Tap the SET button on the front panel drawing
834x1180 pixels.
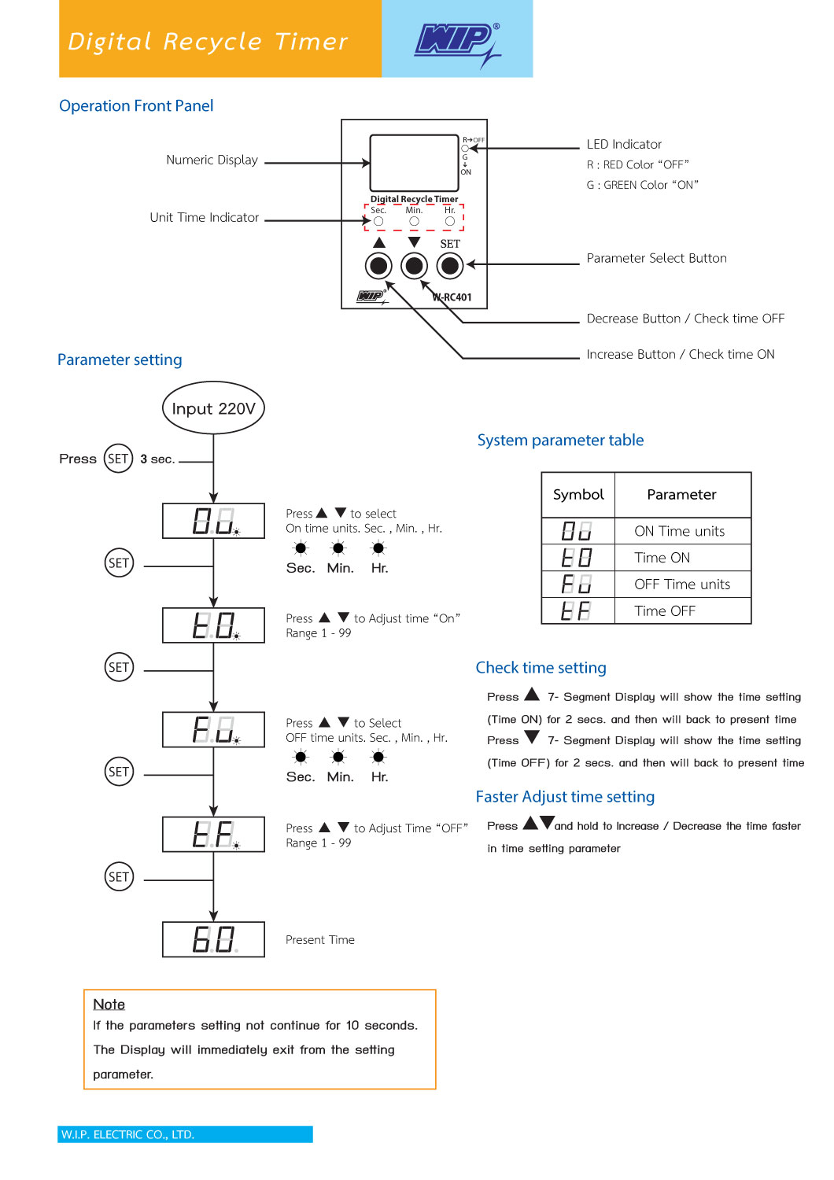(x=449, y=266)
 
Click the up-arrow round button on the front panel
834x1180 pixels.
(x=378, y=266)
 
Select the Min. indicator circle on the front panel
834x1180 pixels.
(x=414, y=222)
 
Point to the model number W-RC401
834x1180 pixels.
(x=452, y=297)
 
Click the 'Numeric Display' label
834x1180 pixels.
(x=212, y=160)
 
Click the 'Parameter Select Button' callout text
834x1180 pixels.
(x=656, y=258)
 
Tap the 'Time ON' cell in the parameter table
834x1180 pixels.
(x=662, y=557)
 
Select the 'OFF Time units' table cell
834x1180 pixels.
(x=682, y=584)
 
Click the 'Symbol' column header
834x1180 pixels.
(x=578, y=495)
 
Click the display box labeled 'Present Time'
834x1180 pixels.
(x=213, y=939)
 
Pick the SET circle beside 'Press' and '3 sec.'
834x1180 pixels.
(x=118, y=459)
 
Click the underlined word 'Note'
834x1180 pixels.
(x=109, y=1004)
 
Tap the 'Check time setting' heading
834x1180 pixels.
(x=541, y=667)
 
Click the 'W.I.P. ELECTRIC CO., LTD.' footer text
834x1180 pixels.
(x=127, y=1134)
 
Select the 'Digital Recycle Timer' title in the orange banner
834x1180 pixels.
(x=208, y=42)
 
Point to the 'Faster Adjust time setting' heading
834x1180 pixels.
(x=565, y=796)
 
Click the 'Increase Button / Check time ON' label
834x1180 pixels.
(x=680, y=354)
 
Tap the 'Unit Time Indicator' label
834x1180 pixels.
(x=205, y=217)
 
